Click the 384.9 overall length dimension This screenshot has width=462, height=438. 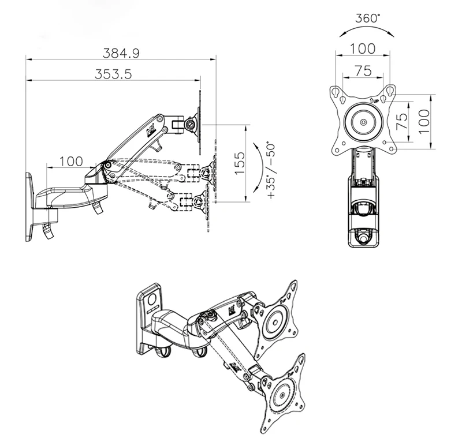pyautogui.click(x=122, y=53)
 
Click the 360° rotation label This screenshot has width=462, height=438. pyautogui.click(x=368, y=17)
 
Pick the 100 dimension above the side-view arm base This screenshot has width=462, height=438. pyautogui.click(x=71, y=161)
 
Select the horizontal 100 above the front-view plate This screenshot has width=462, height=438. pyautogui.click(x=363, y=48)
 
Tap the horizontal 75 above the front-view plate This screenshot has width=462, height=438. pyautogui.click(x=362, y=70)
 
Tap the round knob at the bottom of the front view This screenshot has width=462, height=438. pyautogui.click(x=363, y=235)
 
